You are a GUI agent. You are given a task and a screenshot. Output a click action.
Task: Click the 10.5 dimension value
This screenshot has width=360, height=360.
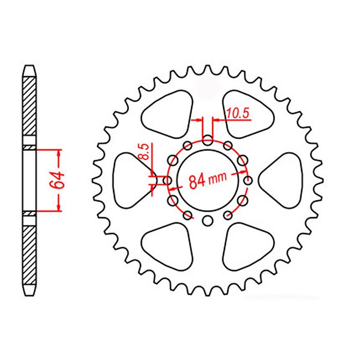238,114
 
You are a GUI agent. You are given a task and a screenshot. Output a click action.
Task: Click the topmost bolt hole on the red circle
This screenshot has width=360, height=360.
207,140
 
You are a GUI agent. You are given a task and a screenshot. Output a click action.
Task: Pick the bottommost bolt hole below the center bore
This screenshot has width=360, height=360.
207,220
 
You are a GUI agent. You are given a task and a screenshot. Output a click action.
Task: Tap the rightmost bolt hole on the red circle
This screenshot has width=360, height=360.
247,180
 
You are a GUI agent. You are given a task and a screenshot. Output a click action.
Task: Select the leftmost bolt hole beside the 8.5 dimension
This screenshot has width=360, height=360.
167,180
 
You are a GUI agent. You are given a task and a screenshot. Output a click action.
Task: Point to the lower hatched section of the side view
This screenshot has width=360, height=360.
28,252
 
